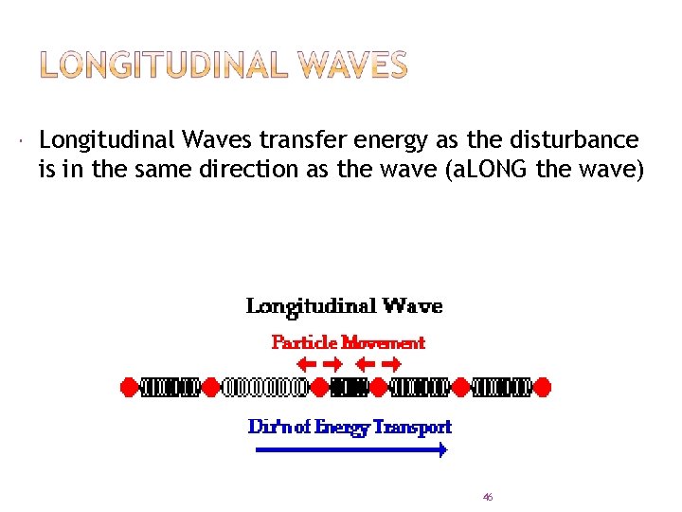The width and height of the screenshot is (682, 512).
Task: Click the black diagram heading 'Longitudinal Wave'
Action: point(344,306)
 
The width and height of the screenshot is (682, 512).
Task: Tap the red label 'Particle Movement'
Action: point(348,342)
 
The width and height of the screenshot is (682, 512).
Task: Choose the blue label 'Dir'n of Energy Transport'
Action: point(350,427)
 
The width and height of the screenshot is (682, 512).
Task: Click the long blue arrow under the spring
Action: point(351,451)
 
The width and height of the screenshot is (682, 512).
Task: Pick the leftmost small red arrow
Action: point(306,363)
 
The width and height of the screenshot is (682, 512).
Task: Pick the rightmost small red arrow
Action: point(391,363)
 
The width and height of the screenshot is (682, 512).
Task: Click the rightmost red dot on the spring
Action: point(543,387)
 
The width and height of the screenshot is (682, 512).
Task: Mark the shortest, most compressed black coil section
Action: point(350,387)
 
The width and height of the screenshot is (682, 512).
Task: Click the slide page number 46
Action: point(488,497)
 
